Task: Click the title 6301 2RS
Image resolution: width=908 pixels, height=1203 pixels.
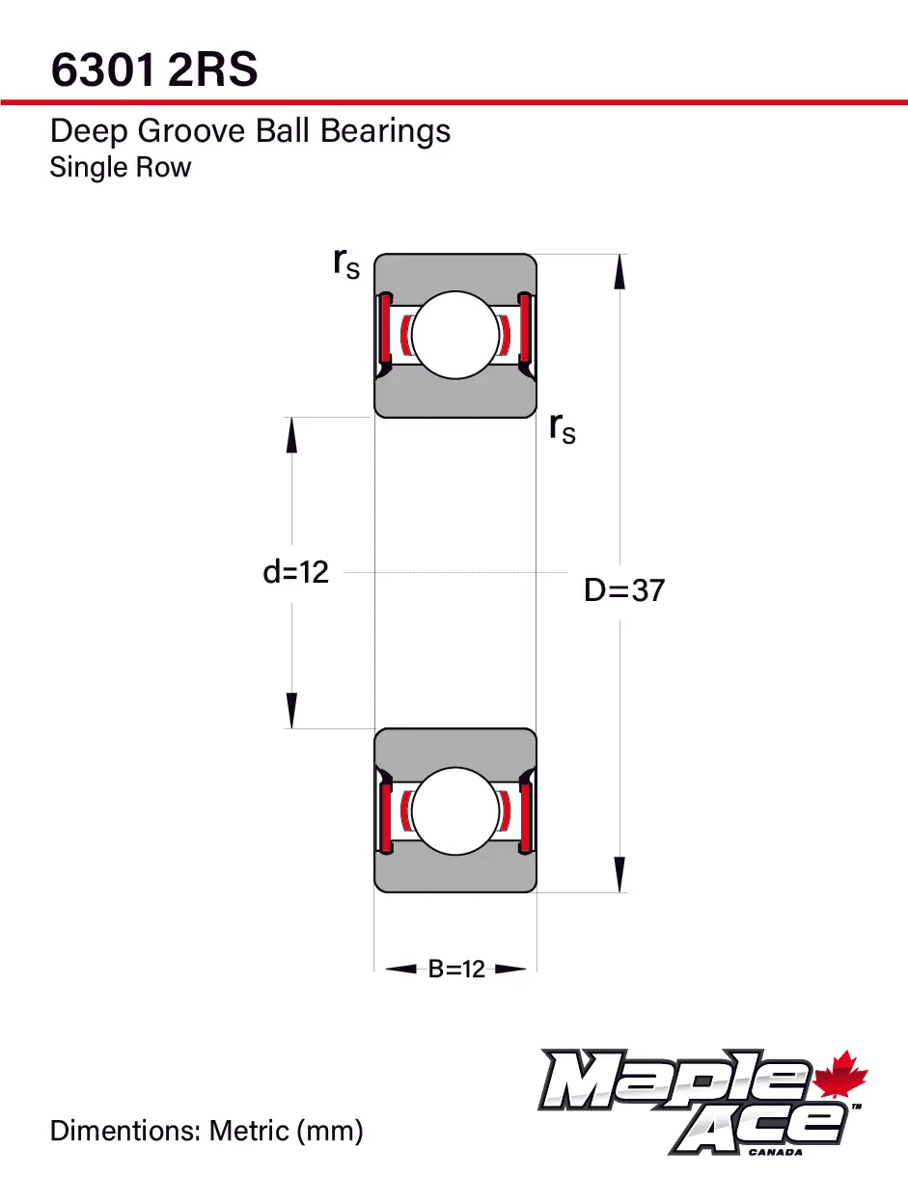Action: pyautogui.click(x=154, y=70)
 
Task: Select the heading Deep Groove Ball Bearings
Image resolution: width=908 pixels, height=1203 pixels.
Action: pyautogui.click(x=250, y=131)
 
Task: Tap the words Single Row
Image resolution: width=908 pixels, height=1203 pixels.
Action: pyautogui.click(x=121, y=167)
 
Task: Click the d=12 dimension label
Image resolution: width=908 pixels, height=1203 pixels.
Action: pyautogui.click(x=296, y=572)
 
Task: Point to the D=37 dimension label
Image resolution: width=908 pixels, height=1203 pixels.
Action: pyautogui.click(x=624, y=590)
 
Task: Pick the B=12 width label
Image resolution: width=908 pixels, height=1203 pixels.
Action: pyautogui.click(x=456, y=970)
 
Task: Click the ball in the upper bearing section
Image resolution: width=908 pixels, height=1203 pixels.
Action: pyautogui.click(x=455, y=336)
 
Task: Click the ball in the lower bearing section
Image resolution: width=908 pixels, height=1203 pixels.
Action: pyautogui.click(x=455, y=810)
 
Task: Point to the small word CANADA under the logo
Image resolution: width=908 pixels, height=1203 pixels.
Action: pyautogui.click(x=774, y=1152)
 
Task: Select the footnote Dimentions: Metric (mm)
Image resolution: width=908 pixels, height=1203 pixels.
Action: pyautogui.click(x=206, y=1131)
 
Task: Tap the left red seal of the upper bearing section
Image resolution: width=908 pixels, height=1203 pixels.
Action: pyautogui.click(x=384, y=329)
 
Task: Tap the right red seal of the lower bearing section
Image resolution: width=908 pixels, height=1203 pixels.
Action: pyautogui.click(x=526, y=817)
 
